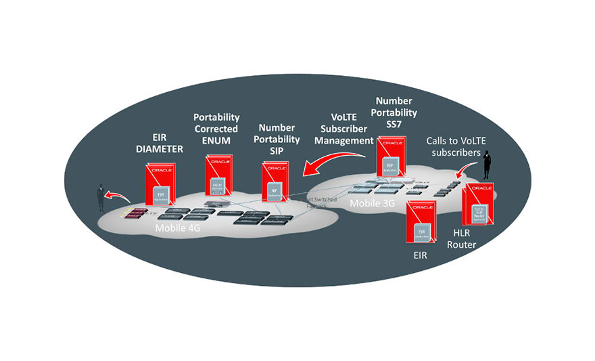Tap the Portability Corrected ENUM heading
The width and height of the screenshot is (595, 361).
click(x=216, y=129)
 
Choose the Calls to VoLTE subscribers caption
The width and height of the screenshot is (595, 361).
click(x=456, y=147)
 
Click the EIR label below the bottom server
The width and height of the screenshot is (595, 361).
click(x=421, y=257)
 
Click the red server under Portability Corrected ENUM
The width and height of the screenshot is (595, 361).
click(x=219, y=178)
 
